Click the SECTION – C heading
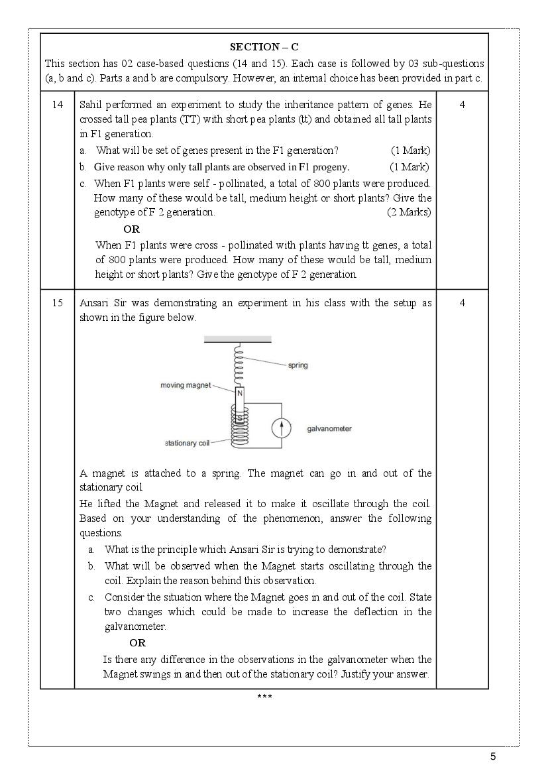point(264,47)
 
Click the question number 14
point(58,105)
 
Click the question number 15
point(58,303)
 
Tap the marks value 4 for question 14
point(462,105)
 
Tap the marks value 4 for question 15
point(462,303)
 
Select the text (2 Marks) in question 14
point(408,212)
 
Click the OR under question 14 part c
point(132,229)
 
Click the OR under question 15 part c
point(137,642)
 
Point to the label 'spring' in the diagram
point(298,365)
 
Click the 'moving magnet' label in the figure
point(185,385)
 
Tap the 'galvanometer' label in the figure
point(329,429)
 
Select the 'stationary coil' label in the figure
point(187,443)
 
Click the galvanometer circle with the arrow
point(282,429)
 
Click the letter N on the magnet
point(240,393)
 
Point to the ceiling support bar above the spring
point(237,340)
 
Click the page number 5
point(492,756)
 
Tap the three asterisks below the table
point(264,696)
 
